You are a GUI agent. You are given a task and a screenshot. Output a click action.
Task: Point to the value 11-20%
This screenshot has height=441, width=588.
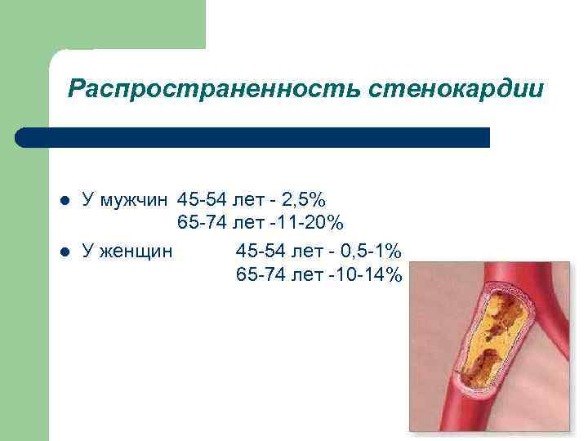tap(315, 223)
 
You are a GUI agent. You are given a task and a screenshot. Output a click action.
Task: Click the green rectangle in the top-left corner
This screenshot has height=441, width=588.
tap(102, 24)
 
